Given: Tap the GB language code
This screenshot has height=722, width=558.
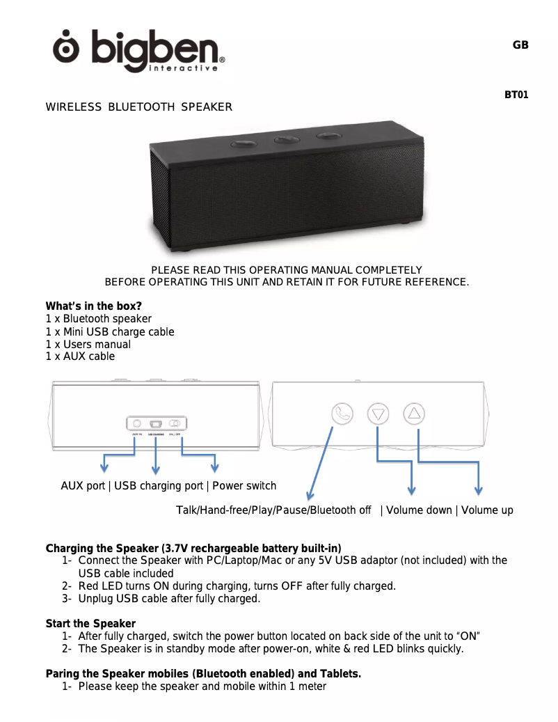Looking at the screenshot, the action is [x=520, y=45].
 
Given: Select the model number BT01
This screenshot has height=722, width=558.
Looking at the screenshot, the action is [x=516, y=95].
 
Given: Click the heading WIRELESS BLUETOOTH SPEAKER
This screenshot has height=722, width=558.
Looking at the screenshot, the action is [x=138, y=107].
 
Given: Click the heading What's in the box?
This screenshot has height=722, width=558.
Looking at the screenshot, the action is [x=93, y=306].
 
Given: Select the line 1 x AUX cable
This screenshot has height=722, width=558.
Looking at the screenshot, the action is [x=80, y=356].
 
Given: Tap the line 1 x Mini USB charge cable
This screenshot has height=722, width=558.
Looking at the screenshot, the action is [x=109, y=332].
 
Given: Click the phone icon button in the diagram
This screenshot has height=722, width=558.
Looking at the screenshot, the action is [x=342, y=414].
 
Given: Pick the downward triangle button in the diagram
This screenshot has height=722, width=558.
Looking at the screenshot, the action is [x=378, y=414].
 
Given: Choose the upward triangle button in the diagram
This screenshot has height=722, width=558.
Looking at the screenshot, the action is [x=415, y=413].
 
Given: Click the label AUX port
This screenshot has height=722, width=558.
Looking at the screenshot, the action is [x=83, y=486].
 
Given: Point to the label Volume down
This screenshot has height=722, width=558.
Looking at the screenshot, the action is [x=419, y=510].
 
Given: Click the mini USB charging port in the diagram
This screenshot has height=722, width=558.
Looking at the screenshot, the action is [x=156, y=423].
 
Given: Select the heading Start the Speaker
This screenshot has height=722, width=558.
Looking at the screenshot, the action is [x=90, y=623].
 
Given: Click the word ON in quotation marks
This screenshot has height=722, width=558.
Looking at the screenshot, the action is [x=468, y=636].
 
